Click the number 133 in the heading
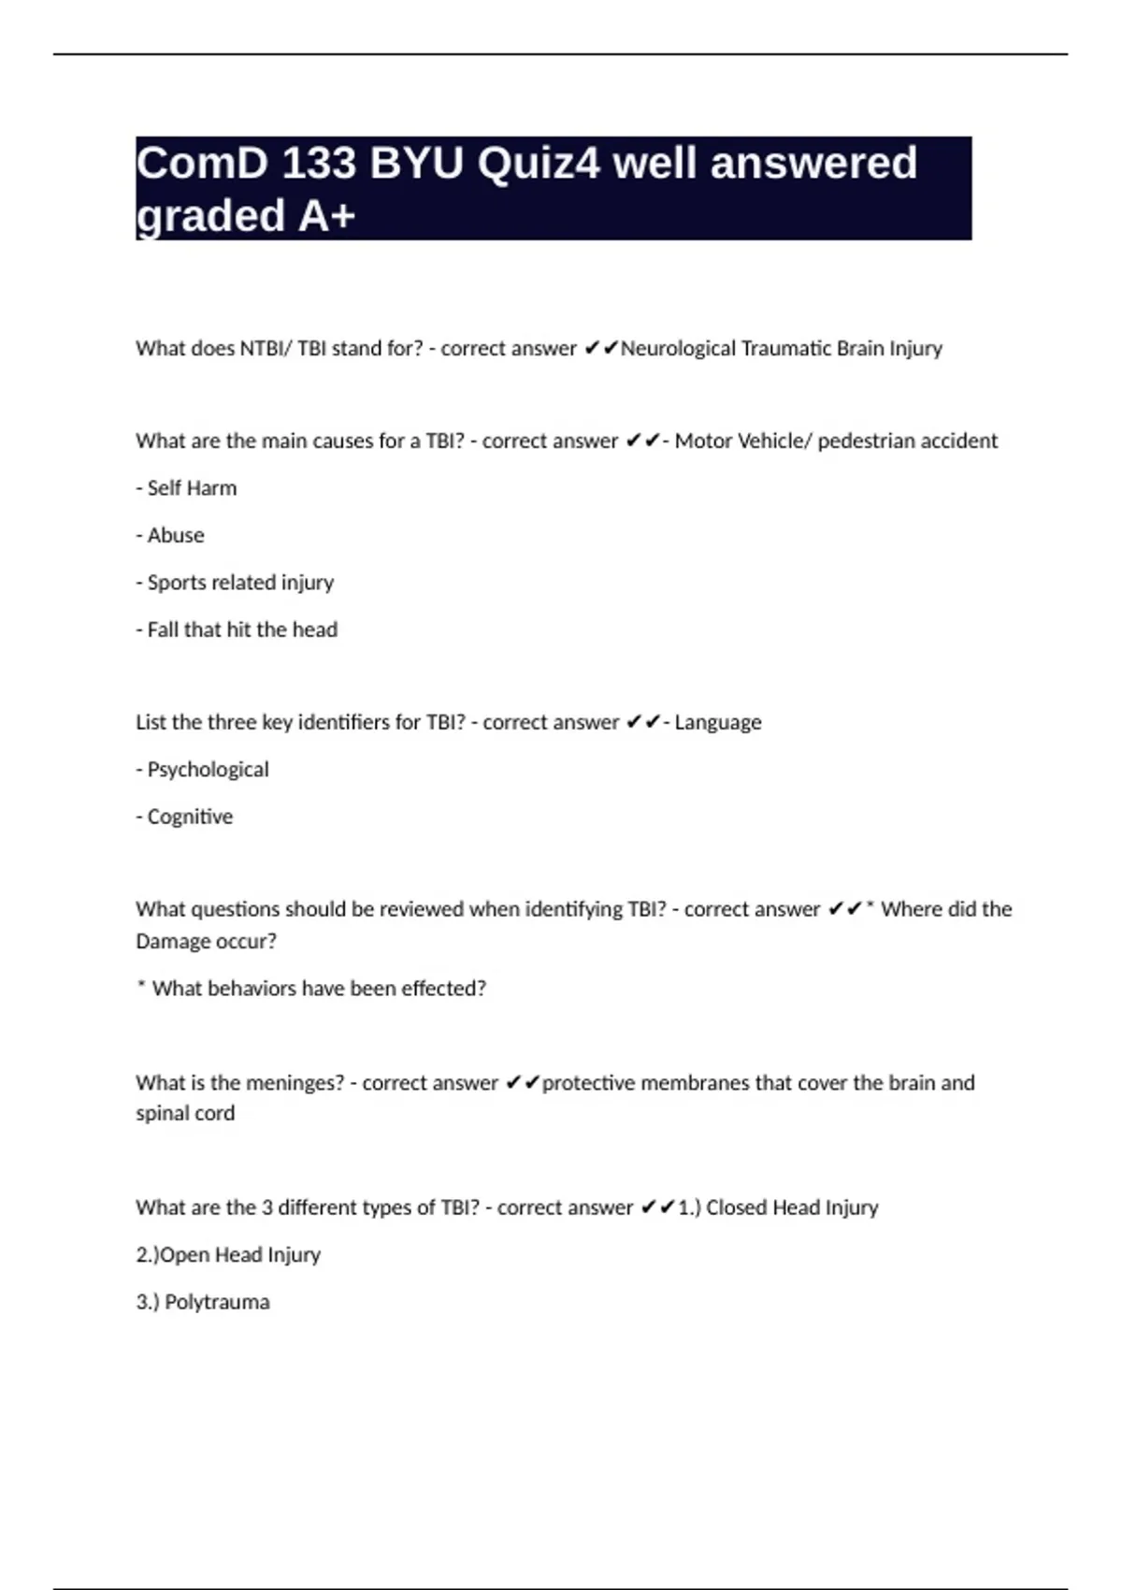pos(319,164)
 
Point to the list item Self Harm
pos(187,488)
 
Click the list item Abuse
pos(171,535)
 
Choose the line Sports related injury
pos(236,583)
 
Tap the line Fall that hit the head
pos(237,629)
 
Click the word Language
pos(717,722)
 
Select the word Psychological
pos(208,770)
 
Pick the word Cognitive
pos(190,817)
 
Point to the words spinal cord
pos(185,1113)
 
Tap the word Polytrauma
pos(217,1302)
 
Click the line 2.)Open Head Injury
pos(228,1255)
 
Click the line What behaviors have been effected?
pos(311,989)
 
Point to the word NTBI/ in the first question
pos(266,349)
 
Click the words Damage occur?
pos(206,941)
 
